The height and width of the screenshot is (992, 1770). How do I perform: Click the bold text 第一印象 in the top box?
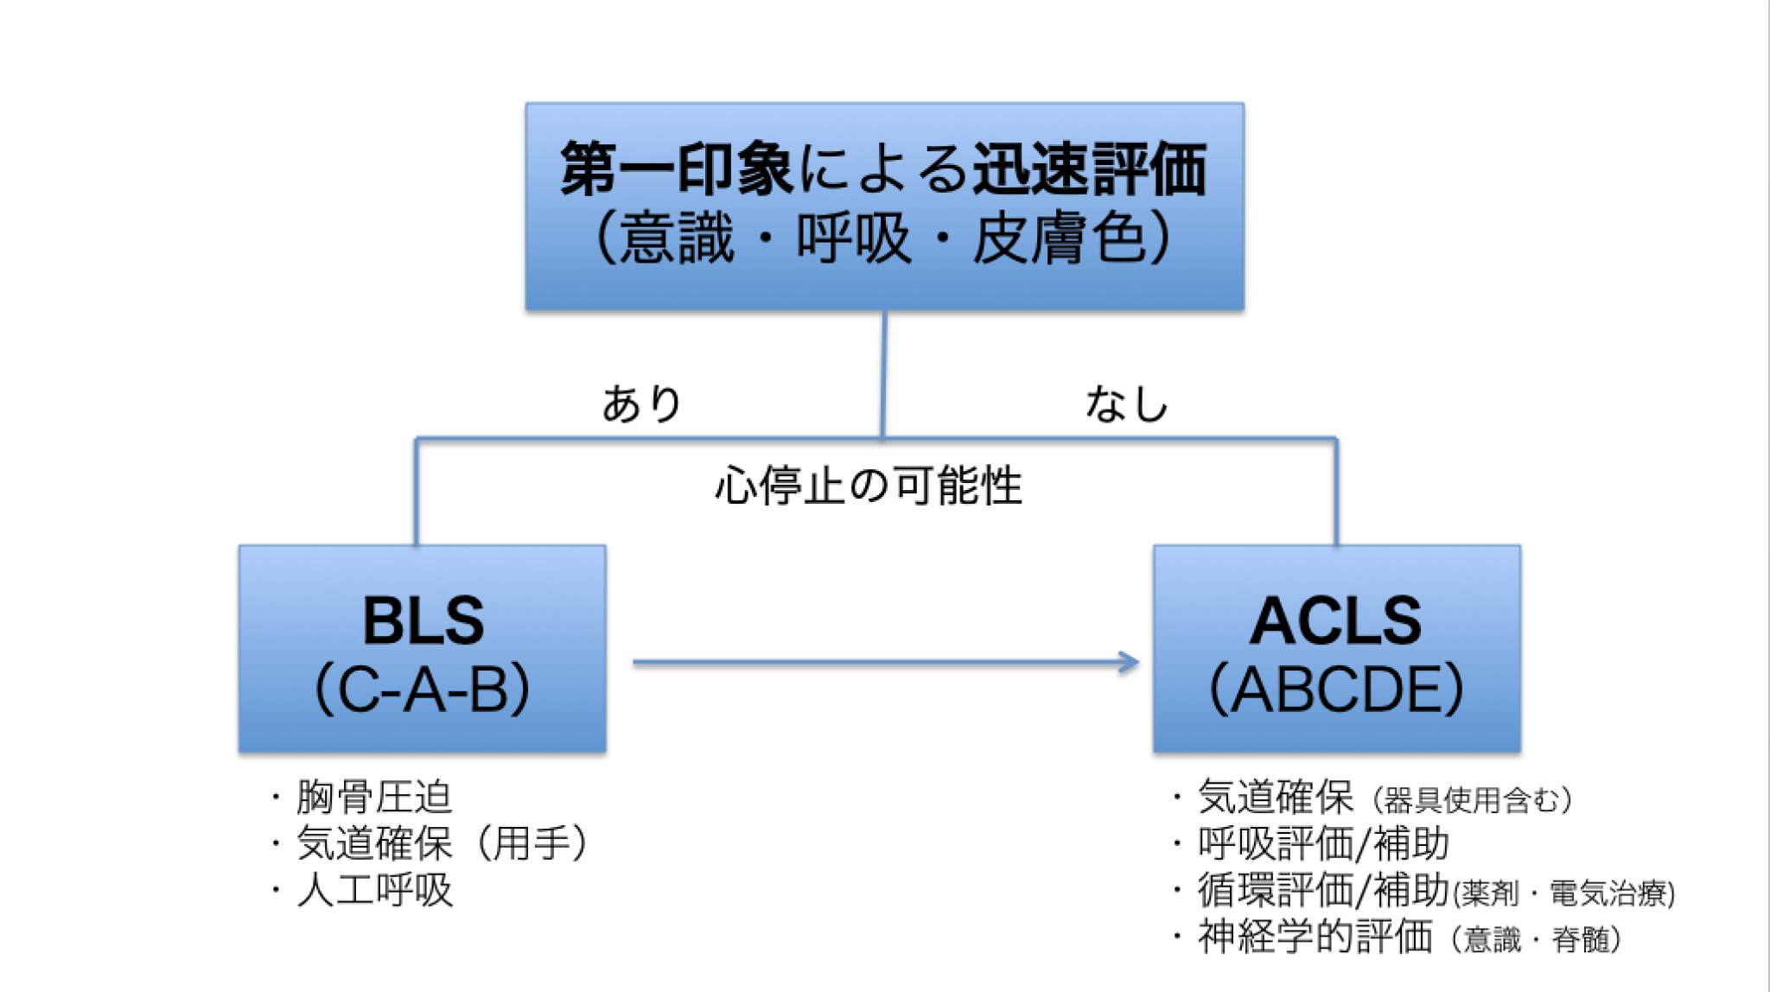[676, 169]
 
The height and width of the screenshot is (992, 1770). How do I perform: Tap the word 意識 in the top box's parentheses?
[678, 238]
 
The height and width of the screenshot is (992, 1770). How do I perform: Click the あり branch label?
[641, 404]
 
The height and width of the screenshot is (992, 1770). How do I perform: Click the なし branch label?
[1126, 404]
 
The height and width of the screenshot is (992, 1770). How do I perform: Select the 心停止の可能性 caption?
[868, 486]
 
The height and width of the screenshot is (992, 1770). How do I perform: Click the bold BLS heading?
[423, 620]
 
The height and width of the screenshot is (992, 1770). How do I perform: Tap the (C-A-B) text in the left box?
[423, 689]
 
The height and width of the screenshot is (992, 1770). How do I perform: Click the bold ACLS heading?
[1336, 620]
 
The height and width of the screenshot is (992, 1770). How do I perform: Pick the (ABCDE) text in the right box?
[1336, 689]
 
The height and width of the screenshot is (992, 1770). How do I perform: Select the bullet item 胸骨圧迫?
[373, 797]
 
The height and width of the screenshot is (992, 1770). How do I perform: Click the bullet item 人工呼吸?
[373, 890]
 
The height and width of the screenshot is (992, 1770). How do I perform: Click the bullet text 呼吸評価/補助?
[1322, 843]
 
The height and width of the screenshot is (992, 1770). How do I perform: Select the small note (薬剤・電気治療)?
[1564, 893]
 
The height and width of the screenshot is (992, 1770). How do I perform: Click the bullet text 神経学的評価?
[1314, 937]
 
